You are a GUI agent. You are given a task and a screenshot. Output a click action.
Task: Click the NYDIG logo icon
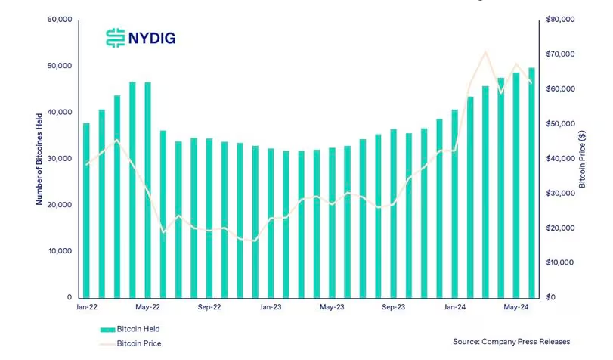coord(115,37)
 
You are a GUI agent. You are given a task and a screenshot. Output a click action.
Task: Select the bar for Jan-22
coord(86,209)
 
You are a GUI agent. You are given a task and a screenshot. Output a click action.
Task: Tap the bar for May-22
coord(147,189)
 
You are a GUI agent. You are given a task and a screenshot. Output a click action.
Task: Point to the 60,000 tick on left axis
coord(57,19)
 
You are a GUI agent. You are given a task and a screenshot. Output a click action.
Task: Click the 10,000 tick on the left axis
coord(57,251)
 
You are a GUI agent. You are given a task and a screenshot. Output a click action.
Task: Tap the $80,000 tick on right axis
coord(560,19)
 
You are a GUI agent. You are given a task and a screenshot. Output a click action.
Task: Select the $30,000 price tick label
coord(560,194)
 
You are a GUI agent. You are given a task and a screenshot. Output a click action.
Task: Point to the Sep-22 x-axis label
coord(209,308)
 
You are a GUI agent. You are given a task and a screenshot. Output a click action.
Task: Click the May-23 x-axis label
coord(332,308)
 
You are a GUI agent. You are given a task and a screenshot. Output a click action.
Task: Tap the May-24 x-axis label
coord(516,308)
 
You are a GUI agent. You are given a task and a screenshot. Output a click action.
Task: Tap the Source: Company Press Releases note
coord(512,342)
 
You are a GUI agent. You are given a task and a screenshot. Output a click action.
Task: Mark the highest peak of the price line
coord(485,52)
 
